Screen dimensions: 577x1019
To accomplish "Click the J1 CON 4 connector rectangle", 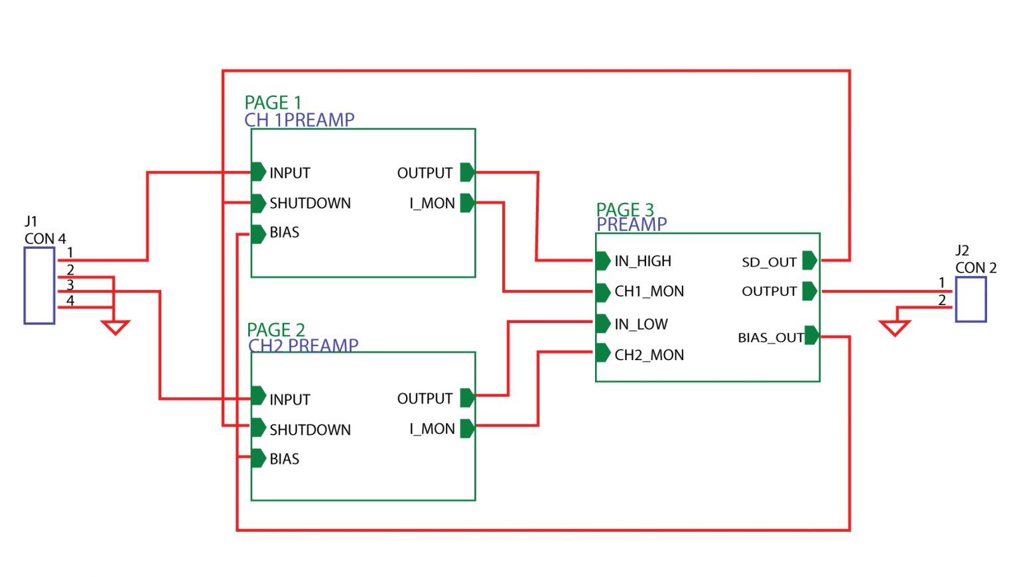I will pos(39,285).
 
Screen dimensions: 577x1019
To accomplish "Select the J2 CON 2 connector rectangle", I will pos(971,300).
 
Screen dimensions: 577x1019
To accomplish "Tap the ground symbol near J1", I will pos(115,327).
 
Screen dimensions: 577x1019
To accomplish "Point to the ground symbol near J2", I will pos(894,328).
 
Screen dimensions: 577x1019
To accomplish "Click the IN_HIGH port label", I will pos(642,261).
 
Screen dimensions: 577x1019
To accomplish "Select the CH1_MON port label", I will pos(649,291).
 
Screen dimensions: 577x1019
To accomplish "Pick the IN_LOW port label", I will pos(641,324).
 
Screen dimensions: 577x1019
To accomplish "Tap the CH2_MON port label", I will pos(649,355).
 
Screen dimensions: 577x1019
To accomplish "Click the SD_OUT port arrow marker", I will pos(809,261).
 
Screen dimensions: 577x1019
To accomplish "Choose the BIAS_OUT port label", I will pos(770,338).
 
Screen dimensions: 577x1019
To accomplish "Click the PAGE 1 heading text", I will pos(273,103).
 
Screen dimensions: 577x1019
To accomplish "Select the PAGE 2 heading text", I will pos(275,330).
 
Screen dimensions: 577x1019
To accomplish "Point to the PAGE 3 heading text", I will pos(624,210).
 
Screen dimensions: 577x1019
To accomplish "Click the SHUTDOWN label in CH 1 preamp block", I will pos(310,203).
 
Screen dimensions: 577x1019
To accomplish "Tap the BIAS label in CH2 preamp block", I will pos(284,459).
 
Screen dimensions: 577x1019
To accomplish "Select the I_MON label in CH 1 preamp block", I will pos(432,204).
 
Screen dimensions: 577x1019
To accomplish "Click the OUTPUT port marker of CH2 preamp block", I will pos(467,398).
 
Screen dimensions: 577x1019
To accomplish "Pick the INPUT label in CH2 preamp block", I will pos(289,399).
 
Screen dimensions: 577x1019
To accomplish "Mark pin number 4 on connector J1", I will pos(70,301).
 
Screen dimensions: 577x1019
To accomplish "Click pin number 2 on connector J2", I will pos(941,300).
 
